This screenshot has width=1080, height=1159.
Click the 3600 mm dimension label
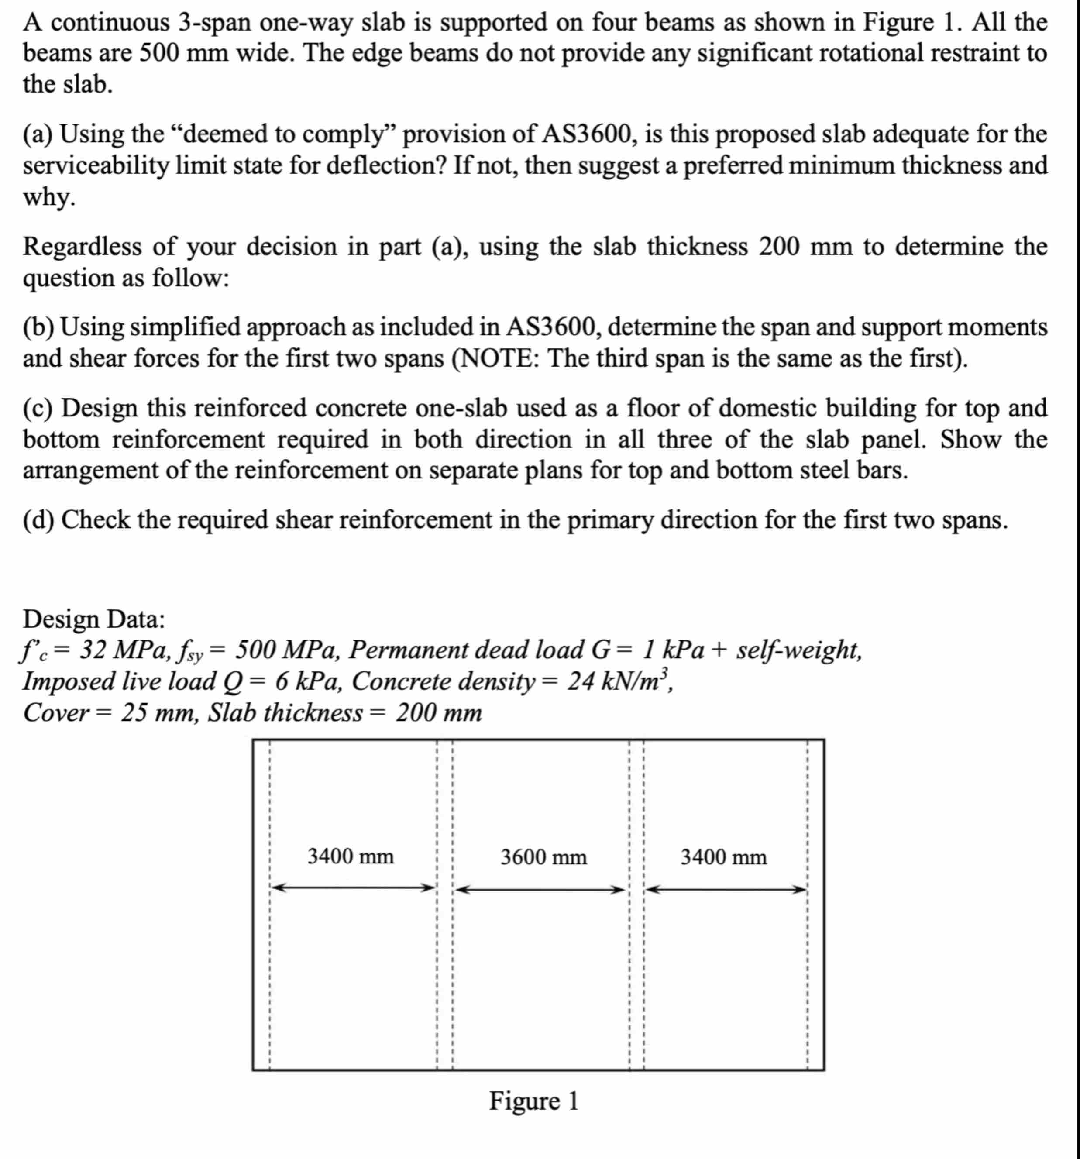coord(543,857)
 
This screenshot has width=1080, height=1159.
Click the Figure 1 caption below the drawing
coord(533,1101)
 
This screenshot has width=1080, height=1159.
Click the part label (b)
coord(38,327)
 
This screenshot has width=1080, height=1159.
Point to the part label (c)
coord(38,408)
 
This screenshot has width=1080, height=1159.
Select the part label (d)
coord(38,519)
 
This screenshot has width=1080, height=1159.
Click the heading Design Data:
coord(94,619)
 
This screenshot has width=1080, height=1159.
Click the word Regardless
coord(82,247)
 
